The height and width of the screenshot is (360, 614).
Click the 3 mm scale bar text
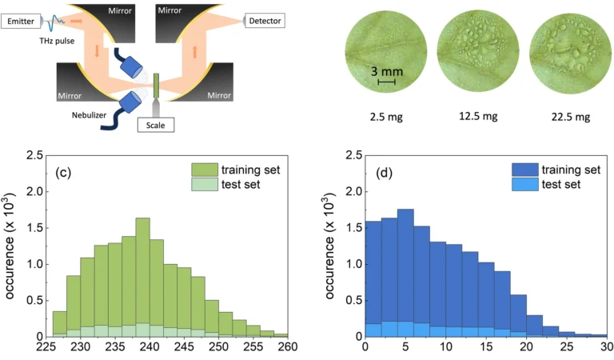tap(387, 71)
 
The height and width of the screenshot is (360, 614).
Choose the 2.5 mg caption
tap(385, 117)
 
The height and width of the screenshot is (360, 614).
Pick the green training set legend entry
tap(234, 169)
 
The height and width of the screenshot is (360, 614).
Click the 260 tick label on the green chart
tap(287, 348)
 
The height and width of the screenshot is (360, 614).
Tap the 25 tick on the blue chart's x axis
tap(566, 348)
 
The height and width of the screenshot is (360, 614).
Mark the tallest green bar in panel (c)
tap(142, 276)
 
